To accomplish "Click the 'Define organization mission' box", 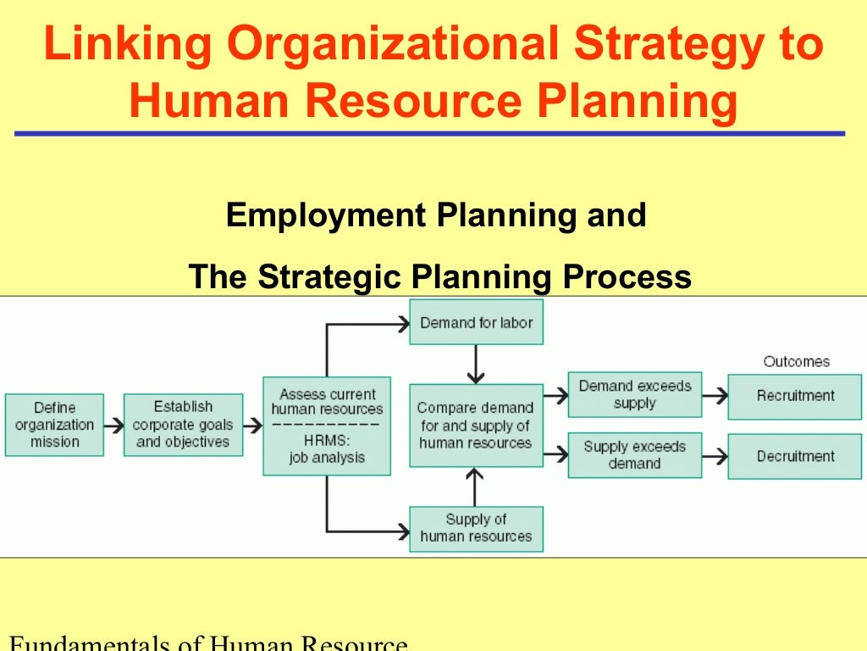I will click(x=54, y=425).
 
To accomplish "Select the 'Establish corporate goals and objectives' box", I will click(x=183, y=425).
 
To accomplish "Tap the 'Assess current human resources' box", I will click(x=327, y=426).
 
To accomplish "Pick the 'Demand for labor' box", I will click(x=476, y=323).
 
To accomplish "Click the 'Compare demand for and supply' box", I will click(x=476, y=426).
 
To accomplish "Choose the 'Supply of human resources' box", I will click(x=476, y=528).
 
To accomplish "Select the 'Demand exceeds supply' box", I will click(x=634, y=395).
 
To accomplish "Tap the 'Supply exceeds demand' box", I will click(x=634, y=455).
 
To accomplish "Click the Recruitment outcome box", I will click(x=795, y=396).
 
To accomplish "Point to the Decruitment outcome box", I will click(x=795, y=456).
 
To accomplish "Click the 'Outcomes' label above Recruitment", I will click(x=796, y=362).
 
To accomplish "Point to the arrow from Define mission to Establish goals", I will click(x=113, y=425).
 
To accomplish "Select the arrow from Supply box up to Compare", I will click(x=476, y=487).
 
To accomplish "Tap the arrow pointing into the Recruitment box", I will click(x=715, y=395).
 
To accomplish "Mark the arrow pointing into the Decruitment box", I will click(x=715, y=456).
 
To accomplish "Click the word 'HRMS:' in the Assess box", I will click(x=326, y=441).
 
